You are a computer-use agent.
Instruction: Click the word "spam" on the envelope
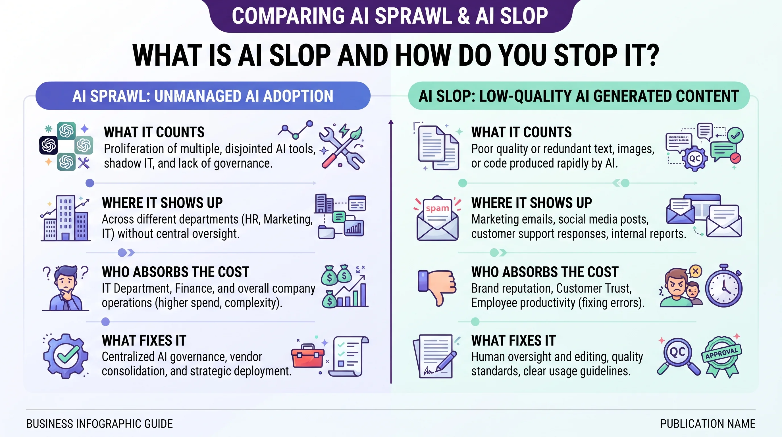437,208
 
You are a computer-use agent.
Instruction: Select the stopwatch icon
724,286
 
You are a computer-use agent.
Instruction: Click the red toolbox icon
308,356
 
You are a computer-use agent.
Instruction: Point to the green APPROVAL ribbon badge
721,356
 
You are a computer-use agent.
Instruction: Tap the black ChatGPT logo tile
48,145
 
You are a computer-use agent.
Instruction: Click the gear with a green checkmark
66,356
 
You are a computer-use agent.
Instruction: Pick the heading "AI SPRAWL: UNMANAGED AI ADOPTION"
203,96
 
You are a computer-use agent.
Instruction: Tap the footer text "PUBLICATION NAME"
708,424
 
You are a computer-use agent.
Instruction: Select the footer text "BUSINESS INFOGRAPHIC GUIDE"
99,424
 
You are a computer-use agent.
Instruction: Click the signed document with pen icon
435,356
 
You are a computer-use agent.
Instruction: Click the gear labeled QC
695,158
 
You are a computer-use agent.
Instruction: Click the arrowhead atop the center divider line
391,122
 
